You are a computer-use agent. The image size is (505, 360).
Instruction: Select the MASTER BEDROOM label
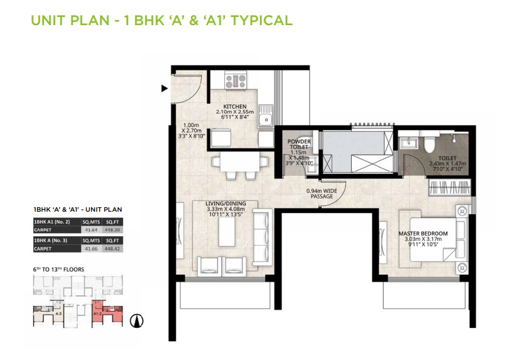click(423, 234)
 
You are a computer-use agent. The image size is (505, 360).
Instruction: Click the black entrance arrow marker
click(165, 89)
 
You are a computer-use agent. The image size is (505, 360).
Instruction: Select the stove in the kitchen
click(236, 80)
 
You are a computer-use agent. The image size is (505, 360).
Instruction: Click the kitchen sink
click(267, 117)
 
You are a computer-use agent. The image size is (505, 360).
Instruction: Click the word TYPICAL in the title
click(263, 20)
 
